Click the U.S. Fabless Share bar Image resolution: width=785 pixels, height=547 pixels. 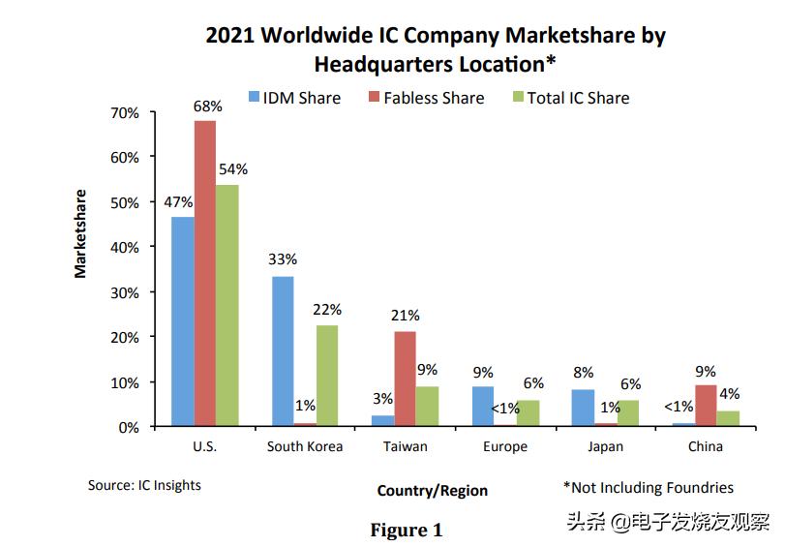204,273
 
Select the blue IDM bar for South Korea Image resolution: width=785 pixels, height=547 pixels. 283,350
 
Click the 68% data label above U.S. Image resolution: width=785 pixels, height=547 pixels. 207,106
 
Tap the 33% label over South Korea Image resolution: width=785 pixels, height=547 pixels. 283,259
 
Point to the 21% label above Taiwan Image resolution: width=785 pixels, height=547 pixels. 405,315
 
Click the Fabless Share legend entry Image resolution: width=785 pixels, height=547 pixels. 426,98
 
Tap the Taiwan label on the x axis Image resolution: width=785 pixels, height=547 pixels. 405,447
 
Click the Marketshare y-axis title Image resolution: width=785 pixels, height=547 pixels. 80,233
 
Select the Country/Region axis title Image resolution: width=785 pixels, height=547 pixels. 433,491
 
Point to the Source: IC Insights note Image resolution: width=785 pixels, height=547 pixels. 144,484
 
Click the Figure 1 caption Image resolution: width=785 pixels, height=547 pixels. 407,530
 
